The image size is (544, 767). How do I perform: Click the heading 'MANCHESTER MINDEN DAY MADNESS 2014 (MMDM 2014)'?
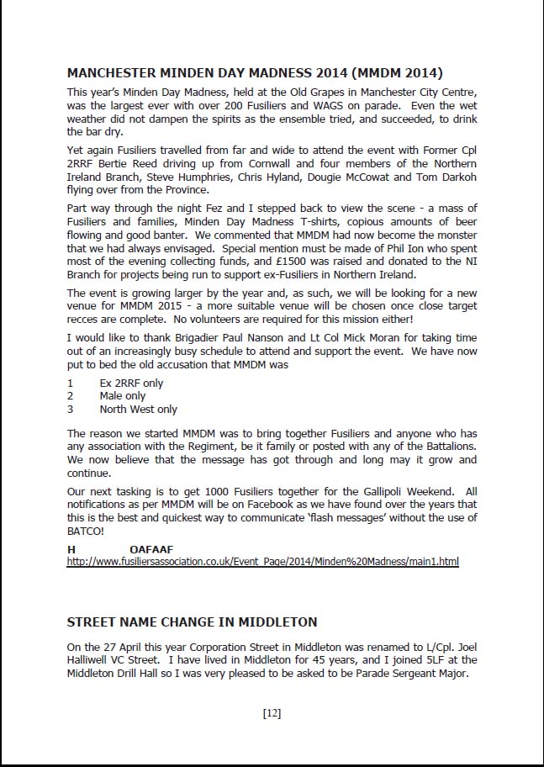coord(255,72)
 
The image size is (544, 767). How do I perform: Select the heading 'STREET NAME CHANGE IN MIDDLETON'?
coord(192,622)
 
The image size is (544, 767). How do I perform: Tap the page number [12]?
coord(272,713)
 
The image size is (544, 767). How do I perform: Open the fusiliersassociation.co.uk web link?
coord(262,561)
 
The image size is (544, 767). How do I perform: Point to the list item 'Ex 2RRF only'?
coord(131,383)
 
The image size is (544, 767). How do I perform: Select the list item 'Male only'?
coord(122,396)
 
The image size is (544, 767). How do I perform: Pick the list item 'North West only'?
coord(138,410)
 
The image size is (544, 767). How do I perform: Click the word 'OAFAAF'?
coord(151,549)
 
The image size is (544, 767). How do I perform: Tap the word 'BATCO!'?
coord(86,531)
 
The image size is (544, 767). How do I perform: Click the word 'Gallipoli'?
coord(383,491)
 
